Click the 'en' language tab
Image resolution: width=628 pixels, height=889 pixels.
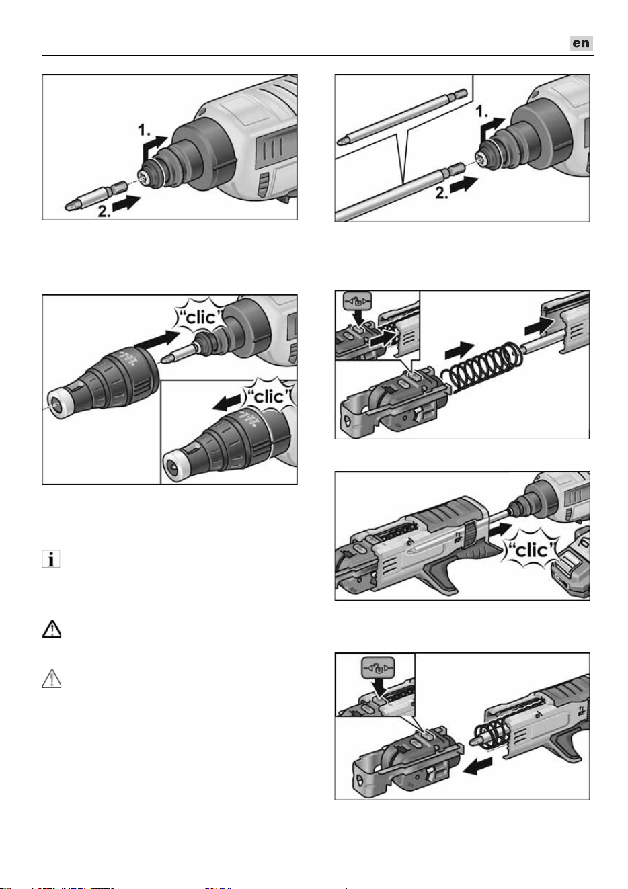[581, 43]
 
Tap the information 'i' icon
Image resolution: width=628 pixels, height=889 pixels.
[51, 559]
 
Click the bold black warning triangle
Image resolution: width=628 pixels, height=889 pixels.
[52, 630]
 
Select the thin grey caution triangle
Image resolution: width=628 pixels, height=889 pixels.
[52, 678]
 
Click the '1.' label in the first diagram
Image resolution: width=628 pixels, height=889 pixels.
[144, 130]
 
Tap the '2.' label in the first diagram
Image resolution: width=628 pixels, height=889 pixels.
[105, 211]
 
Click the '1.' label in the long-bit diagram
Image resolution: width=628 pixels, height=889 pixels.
[483, 112]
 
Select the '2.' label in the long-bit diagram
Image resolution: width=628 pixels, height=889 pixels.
[442, 193]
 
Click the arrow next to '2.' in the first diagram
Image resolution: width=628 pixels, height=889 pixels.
[126, 204]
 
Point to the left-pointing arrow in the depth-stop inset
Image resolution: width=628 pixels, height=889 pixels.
[226, 403]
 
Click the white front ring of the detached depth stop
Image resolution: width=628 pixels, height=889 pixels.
[56, 404]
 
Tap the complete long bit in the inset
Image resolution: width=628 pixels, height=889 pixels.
[402, 118]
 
